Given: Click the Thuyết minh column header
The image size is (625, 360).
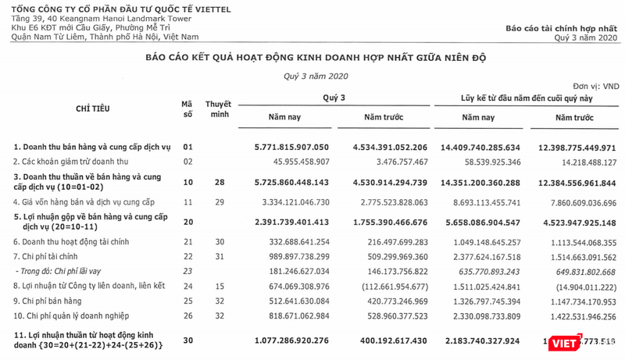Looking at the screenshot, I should pos(218,109).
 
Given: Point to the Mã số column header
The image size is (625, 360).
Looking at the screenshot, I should pos(187,109).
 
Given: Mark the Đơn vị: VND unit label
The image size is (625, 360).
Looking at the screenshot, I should pos(595,85).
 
